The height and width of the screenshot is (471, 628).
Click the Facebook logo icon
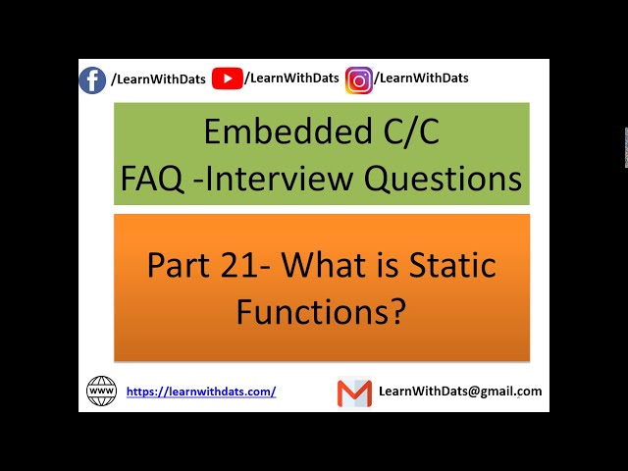[92, 79]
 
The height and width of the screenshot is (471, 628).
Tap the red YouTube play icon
[227, 78]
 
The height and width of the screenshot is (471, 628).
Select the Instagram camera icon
[359, 80]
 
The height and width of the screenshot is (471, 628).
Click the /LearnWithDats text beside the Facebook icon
[158, 79]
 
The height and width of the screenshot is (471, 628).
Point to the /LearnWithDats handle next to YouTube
[291, 78]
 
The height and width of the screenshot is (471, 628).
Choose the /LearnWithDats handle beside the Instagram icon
[423, 78]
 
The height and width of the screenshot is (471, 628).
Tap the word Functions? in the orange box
[321, 311]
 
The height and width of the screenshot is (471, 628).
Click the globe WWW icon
[101, 391]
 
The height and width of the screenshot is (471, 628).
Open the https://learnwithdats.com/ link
[201, 392]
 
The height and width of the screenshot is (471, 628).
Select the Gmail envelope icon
[354, 392]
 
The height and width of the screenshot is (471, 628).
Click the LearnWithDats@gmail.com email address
[460, 391]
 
